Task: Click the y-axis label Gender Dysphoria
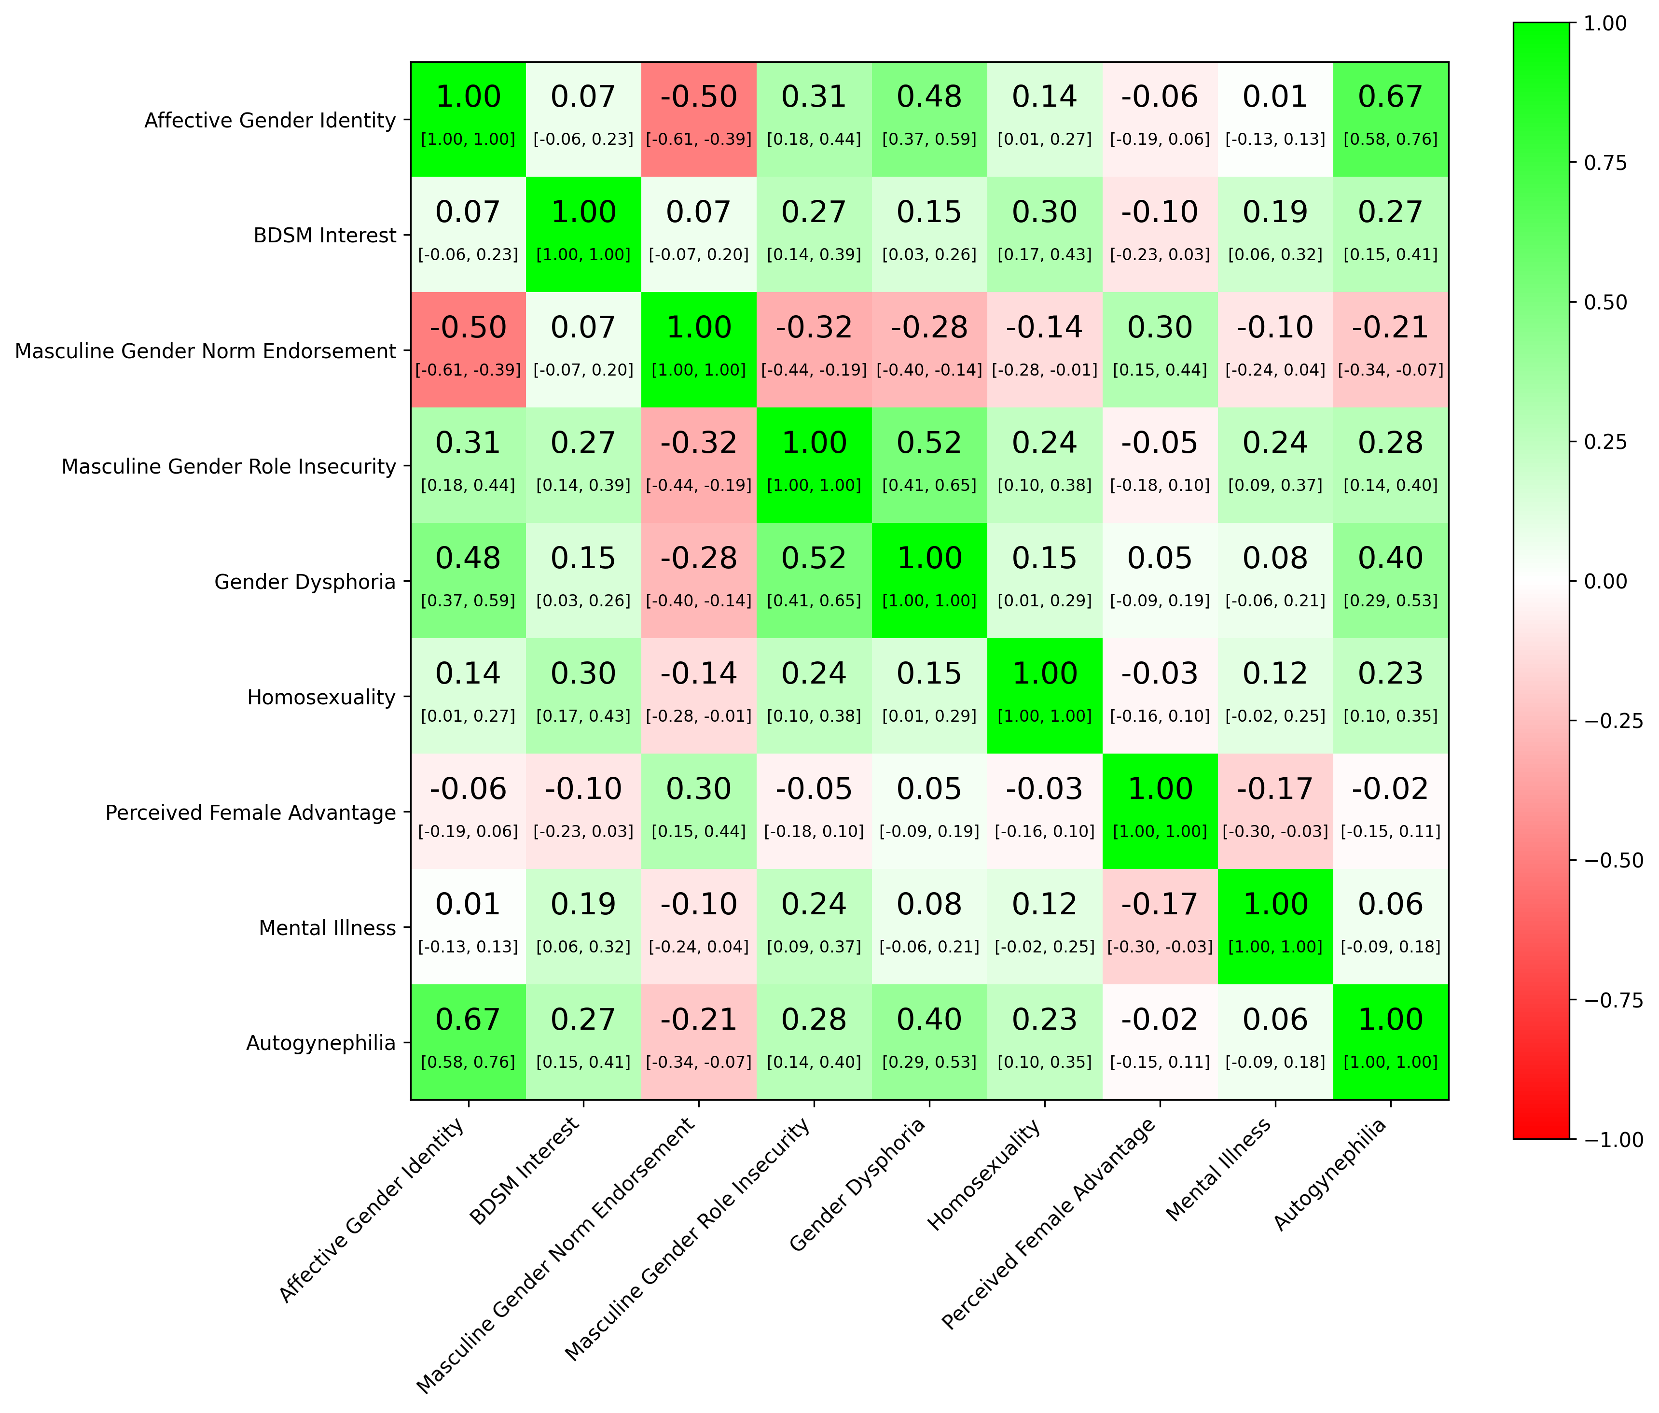(x=305, y=582)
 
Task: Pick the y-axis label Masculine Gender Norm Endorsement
(x=206, y=351)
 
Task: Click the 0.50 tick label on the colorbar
(x=1605, y=302)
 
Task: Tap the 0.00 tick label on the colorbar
(x=1605, y=581)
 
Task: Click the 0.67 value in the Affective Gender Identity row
(x=1391, y=97)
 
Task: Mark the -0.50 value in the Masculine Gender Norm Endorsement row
(x=469, y=328)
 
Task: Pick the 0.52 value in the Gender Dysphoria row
(x=814, y=559)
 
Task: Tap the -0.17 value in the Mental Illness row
(x=1160, y=904)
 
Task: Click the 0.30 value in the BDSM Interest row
(x=1045, y=212)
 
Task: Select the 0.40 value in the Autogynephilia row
(x=929, y=1020)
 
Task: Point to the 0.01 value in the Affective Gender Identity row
(x=1275, y=97)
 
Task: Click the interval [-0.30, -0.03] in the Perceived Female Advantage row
(x=1275, y=831)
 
